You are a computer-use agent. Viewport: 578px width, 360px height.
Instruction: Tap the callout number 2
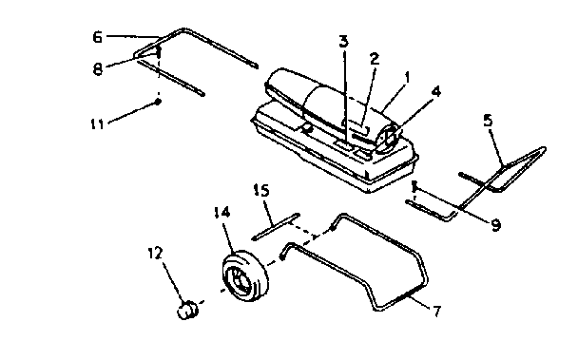(x=375, y=59)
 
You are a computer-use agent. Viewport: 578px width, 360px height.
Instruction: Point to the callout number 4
(x=434, y=92)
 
